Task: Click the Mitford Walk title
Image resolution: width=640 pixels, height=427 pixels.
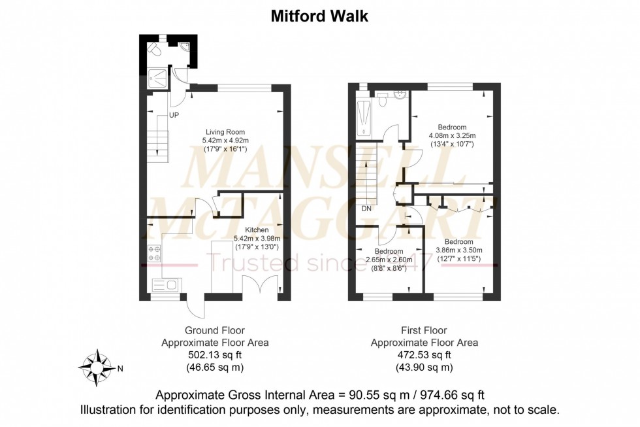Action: (319, 16)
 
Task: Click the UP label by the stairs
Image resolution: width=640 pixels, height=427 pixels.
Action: (174, 115)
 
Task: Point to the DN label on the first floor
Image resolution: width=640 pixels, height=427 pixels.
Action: (366, 209)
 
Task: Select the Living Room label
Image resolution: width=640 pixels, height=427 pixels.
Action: (224, 131)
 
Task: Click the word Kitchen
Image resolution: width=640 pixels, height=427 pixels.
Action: (257, 230)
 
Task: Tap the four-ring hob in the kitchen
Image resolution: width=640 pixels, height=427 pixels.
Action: (155, 252)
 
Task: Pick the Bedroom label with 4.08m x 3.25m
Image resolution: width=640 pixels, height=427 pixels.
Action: (452, 127)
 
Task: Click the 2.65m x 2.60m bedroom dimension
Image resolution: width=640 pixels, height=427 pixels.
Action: (389, 259)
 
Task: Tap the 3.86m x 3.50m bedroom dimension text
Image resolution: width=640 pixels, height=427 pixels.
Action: (458, 250)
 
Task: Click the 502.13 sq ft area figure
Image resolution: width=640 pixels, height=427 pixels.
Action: (215, 355)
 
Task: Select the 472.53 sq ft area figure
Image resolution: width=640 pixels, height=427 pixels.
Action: (424, 355)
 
